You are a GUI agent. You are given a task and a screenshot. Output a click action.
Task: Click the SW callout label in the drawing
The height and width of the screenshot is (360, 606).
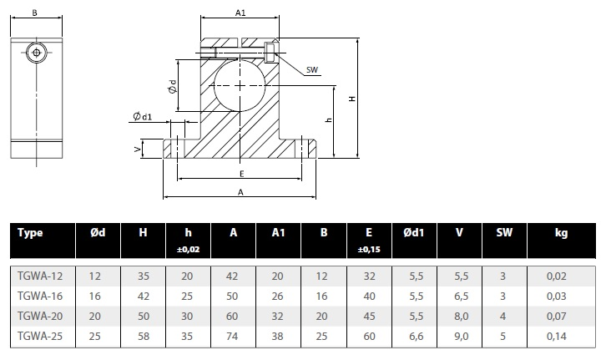pos(312,70)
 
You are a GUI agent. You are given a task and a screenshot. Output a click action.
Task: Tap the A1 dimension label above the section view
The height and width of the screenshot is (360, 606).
pos(240,13)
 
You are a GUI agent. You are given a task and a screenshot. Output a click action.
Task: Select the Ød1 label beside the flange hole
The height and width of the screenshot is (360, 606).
pos(143,116)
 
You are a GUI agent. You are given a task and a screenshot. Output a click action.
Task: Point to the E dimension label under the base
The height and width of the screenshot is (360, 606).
pos(242,174)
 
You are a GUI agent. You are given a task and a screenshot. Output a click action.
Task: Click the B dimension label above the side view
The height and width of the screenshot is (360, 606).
pos(35,13)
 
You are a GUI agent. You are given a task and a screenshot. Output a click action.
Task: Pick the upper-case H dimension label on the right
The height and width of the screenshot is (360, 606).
pos(352,99)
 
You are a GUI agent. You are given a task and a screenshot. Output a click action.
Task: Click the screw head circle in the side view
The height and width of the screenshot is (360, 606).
pos(37,53)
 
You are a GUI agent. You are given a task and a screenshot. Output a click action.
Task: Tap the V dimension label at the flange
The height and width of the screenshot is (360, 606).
pos(137,149)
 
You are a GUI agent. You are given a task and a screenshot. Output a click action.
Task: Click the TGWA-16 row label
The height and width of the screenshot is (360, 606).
pos(40,297)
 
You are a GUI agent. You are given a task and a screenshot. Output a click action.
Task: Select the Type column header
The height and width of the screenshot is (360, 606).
pos(30,233)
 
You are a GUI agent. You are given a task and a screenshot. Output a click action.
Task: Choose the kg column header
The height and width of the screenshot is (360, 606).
pos(561,233)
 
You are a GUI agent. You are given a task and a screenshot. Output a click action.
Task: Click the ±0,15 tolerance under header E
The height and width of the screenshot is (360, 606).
pos(369,250)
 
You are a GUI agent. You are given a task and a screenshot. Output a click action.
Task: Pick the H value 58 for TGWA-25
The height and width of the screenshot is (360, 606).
pos(144,336)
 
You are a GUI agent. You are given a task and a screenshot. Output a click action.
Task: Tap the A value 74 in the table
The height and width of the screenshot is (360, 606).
pos(232,336)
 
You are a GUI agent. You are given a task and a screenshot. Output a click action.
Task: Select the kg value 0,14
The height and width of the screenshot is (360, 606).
pos(557,336)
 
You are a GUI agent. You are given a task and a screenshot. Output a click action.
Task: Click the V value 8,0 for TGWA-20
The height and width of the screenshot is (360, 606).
pos(461,317)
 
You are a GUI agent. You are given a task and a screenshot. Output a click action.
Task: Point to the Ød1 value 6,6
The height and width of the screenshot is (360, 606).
pos(417,336)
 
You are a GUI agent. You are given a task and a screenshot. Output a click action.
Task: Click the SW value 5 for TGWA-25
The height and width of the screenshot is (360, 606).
pos(502,336)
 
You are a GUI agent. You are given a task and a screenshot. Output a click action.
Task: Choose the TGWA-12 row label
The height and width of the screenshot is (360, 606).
pos(40,276)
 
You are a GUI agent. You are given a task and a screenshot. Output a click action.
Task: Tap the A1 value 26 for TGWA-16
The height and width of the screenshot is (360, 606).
pos(277,297)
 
